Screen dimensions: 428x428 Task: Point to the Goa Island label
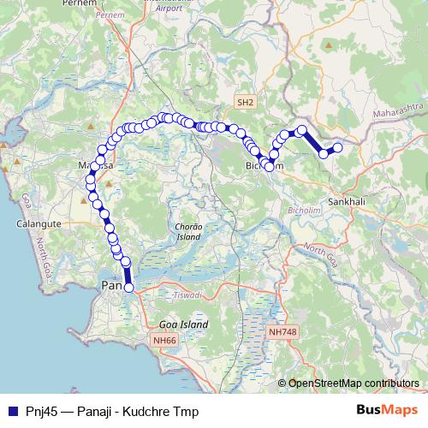(183, 325)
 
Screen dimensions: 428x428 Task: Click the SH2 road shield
(246, 103)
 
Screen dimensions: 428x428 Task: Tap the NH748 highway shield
(282, 331)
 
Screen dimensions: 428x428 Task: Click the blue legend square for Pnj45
(11, 412)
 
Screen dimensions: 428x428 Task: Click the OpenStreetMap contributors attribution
(353, 383)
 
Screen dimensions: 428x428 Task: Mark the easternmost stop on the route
(338, 147)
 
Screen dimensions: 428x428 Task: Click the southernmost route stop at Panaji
(129, 288)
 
